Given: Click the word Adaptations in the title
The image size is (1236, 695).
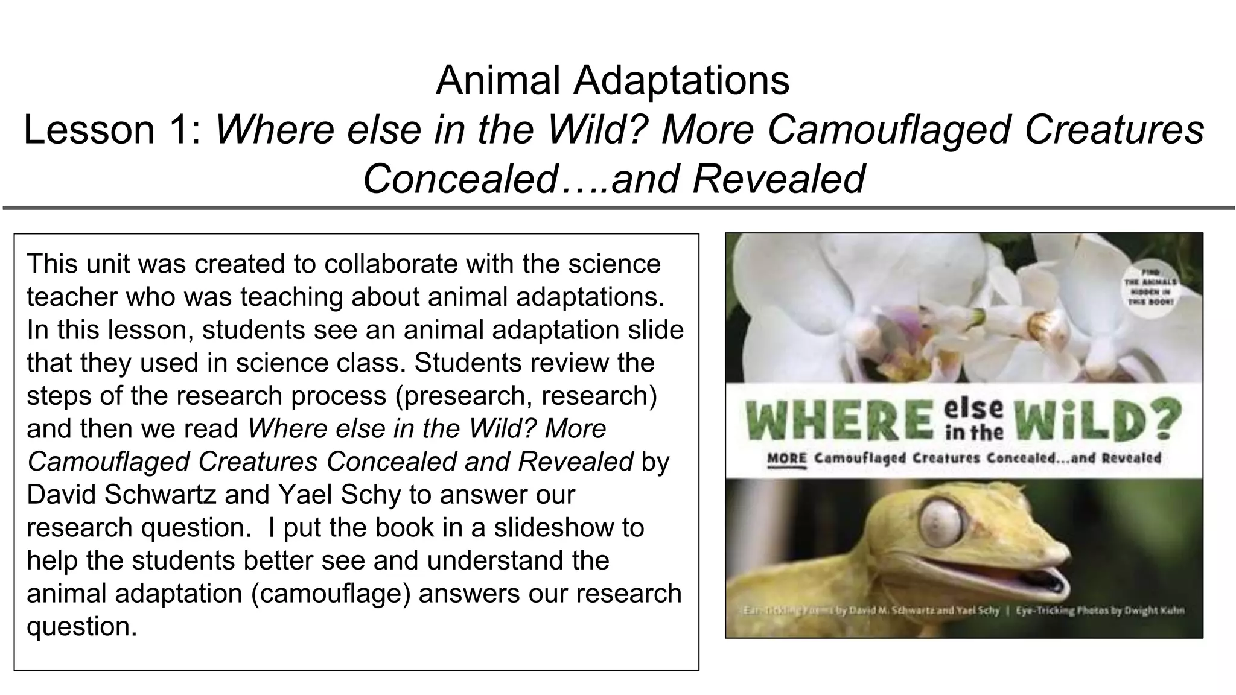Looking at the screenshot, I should [x=681, y=80].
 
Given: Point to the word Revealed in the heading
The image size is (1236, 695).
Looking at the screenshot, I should [x=779, y=179].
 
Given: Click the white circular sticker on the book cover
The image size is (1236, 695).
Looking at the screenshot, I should [x=1148, y=287].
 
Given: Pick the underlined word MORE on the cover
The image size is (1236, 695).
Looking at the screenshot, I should [x=786, y=459].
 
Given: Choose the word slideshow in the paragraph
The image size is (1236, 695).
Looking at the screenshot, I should [x=569, y=528].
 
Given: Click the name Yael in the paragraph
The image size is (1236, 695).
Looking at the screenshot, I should [x=304, y=495].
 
